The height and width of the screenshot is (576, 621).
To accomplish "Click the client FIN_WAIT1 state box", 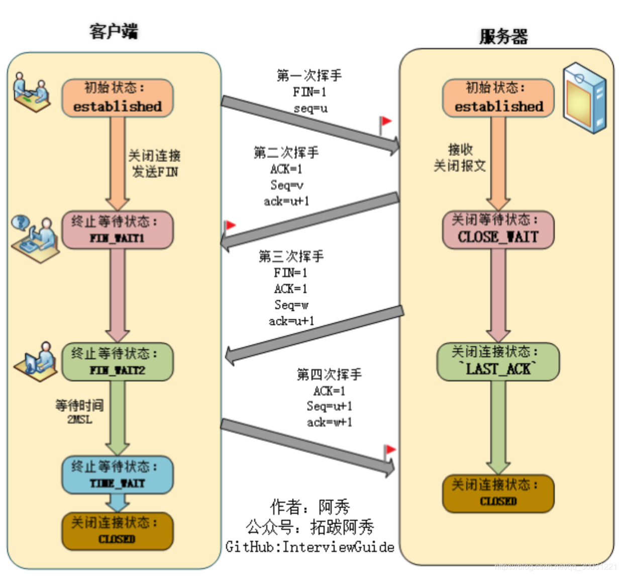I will point(117,230).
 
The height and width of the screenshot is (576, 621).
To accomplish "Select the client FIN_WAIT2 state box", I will point(117,362).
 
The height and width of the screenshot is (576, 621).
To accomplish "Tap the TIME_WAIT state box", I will point(117,475).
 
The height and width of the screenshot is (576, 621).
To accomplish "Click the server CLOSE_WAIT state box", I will point(498,230).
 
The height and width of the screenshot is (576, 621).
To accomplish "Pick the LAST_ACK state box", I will point(498,362).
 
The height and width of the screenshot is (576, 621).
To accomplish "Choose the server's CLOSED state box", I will point(498,494).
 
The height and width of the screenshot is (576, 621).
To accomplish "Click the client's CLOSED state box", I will point(117,531).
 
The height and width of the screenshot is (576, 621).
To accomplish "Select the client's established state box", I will point(117,98).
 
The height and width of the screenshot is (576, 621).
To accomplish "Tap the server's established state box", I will point(498,98).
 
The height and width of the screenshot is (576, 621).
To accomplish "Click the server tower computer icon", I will point(584,97).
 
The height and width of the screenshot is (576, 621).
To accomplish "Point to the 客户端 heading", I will point(114,31).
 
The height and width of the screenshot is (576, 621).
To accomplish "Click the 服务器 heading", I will point(503,37).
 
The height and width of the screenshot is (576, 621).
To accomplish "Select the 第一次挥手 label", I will point(309,76).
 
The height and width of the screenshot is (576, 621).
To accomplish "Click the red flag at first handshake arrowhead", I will point(385,122).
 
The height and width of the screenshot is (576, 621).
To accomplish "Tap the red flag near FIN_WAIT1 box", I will point(230,226).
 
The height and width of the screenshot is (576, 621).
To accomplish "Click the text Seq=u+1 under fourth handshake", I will point(329,406).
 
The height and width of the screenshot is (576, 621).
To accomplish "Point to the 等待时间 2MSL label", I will point(79,411).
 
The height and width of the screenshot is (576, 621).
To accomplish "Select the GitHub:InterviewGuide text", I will point(309,546).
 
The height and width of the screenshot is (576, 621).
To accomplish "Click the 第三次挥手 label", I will point(291,256).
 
